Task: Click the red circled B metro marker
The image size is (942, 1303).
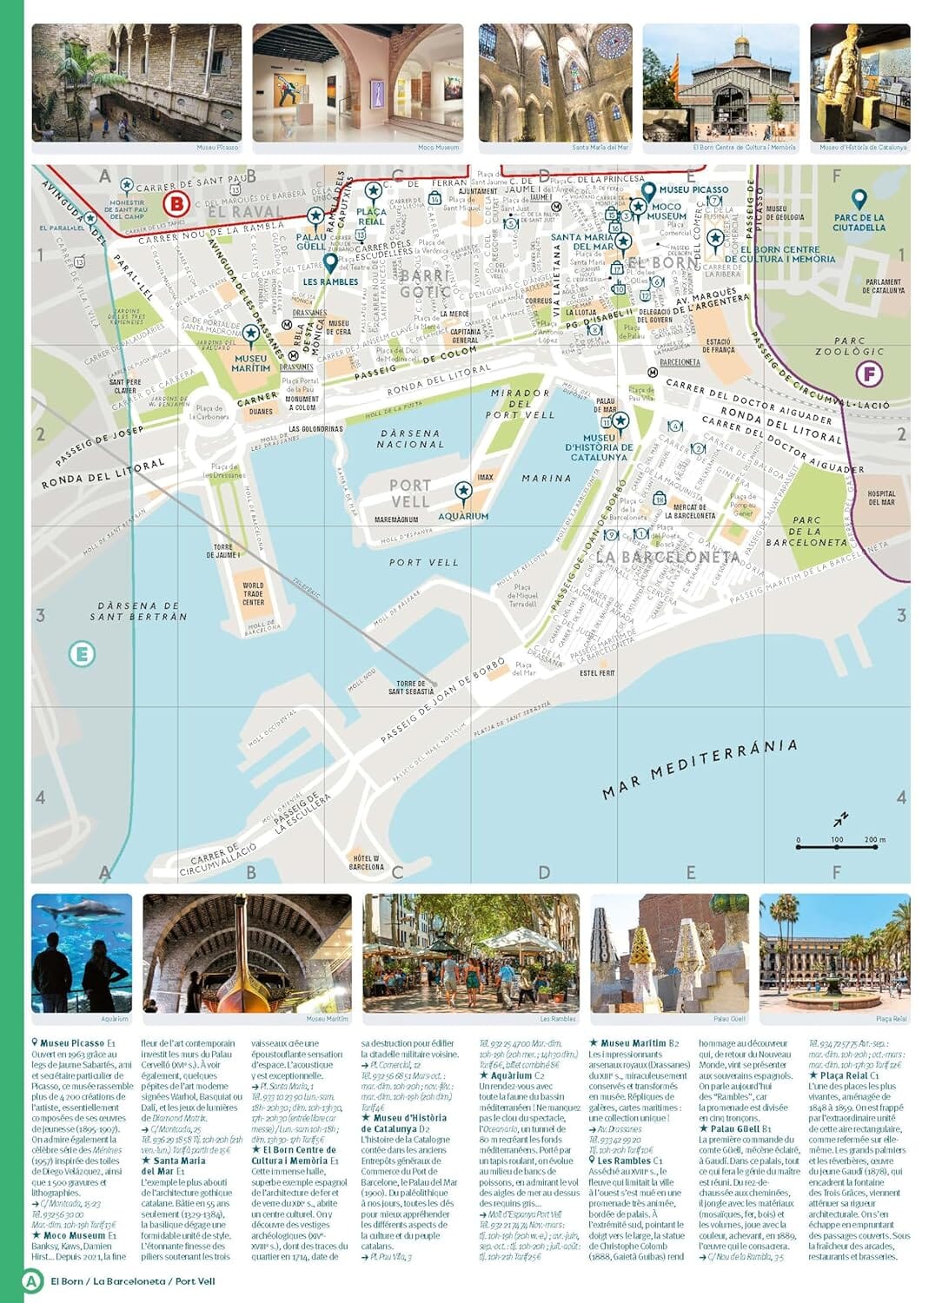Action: pos(176,204)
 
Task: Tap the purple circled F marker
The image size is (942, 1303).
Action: pos(869,374)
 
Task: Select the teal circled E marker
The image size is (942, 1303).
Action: pos(82,653)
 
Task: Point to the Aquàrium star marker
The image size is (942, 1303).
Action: pos(463,493)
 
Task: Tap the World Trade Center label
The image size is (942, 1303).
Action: pos(253,594)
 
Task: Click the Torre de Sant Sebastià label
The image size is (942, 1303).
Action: pos(411,687)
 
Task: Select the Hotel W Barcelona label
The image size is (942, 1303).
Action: pos(366,862)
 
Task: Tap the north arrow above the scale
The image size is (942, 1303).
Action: pos(840,819)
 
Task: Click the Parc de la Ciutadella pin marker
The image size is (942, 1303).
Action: pos(859,200)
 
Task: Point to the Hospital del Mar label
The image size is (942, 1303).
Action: pos(881,498)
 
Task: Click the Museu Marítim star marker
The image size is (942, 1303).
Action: pos(251,334)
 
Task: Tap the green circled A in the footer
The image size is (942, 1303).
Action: pos(31,1280)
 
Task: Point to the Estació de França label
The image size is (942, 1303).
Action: pos(719,346)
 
